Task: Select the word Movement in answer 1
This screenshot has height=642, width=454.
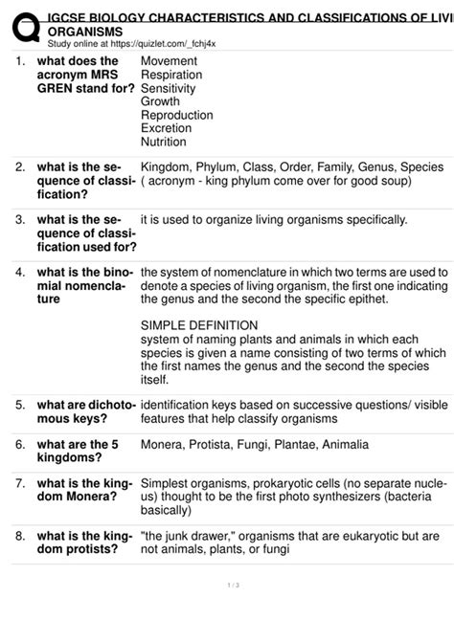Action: point(170,62)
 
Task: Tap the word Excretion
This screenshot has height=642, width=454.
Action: point(168,127)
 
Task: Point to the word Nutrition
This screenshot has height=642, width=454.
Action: point(164,142)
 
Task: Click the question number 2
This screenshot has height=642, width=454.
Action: point(20,166)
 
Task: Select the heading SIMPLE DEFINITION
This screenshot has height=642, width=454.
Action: point(199,325)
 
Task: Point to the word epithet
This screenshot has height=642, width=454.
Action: point(367,299)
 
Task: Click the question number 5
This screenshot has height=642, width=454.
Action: point(20,405)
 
